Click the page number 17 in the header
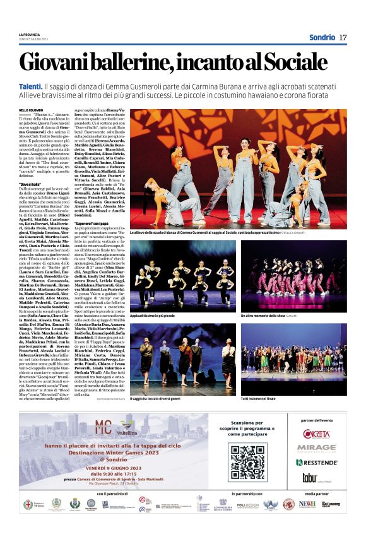pyautogui.click(x=343, y=37)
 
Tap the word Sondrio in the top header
pyautogui.click(x=322, y=37)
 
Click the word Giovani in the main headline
pyautogui.click(x=61, y=62)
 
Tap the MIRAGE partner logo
pyautogui.click(x=316, y=447)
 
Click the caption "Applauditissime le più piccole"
pyautogui.click(x=157, y=314)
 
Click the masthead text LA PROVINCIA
pyautogui.click(x=30, y=35)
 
